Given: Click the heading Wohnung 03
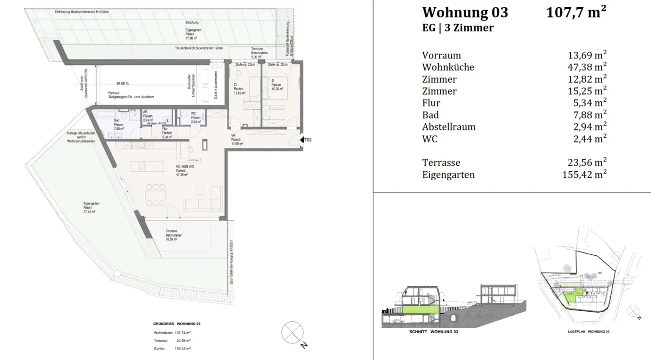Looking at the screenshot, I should (x=465, y=13).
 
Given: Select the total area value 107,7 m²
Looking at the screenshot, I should (x=576, y=12).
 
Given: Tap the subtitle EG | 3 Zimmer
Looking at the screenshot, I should (x=458, y=28).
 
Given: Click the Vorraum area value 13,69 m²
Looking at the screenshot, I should (x=587, y=55).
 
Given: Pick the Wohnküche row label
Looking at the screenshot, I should (x=448, y=67).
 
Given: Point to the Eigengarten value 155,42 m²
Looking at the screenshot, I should (x=584, y=175).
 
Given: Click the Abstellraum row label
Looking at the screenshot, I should (x=448, y=127).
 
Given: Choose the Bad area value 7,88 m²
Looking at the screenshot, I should (x=590, y=115).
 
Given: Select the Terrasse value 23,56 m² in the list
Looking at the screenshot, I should (x=587, y=163).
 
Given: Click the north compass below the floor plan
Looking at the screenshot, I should (x=292, y=333).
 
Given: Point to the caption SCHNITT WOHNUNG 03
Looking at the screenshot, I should (x=433, y=332).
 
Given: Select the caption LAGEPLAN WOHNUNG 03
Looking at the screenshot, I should (x=588, y=332).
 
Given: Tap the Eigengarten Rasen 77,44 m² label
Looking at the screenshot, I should (x=89, y=207).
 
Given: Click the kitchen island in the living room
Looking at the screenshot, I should (x=147, y=166).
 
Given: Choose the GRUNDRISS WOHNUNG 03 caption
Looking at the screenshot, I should (x=177, y=324).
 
